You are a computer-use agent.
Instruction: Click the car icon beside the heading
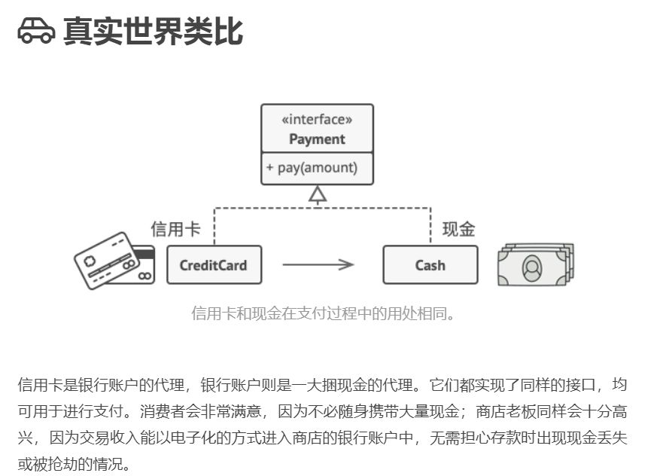point(36,31)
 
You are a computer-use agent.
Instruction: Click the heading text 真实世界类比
point(153,31)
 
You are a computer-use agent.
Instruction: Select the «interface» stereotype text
point(317,119)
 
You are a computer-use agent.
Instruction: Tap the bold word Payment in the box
point(317,139)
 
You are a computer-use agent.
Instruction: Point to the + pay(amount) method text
point(312,168)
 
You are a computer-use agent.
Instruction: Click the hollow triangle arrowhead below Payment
point(318,195)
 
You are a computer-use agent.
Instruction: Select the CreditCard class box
point(214,265)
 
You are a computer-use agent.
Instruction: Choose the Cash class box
point(430,265)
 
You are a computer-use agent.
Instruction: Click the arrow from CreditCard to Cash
point(318,264)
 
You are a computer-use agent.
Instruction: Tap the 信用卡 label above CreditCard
point(176,230)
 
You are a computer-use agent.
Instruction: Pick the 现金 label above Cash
point(459,230)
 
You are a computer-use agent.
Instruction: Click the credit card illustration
point(113,260)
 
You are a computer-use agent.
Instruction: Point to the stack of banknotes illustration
point(535,264)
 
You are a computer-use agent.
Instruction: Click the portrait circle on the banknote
point(532,267)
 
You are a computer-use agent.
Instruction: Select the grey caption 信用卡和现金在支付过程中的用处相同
point(324,313)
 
